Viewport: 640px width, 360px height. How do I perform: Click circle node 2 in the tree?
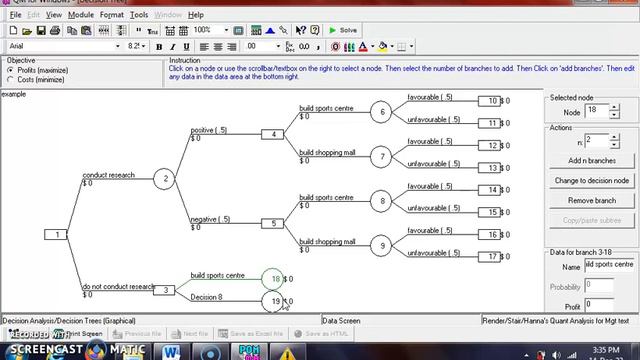click(x=166, y=179)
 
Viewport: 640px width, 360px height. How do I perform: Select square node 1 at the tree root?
click(x=57, y=234)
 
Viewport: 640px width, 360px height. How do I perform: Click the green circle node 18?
click(x=276, y=279)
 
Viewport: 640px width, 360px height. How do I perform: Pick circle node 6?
click(x=381, y=112)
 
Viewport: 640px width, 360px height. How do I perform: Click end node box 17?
click(x=490, y=257)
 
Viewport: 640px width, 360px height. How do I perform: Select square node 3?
click(x=168, y=290)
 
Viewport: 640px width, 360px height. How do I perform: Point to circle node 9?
click(x=381, y=245)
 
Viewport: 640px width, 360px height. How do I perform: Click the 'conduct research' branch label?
click(x=108, y=175)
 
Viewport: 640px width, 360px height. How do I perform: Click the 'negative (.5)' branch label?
click(x=210, y=219)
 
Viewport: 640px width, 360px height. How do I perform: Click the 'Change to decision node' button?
click(x=592, y=180)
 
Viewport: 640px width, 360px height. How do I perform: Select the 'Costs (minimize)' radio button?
click(x=10, y=79)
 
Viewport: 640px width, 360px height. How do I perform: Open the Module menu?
click(x=81, y=15)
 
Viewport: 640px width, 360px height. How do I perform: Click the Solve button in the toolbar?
click(x=343, y=30)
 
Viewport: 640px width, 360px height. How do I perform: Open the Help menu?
click(x=196, y=15)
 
